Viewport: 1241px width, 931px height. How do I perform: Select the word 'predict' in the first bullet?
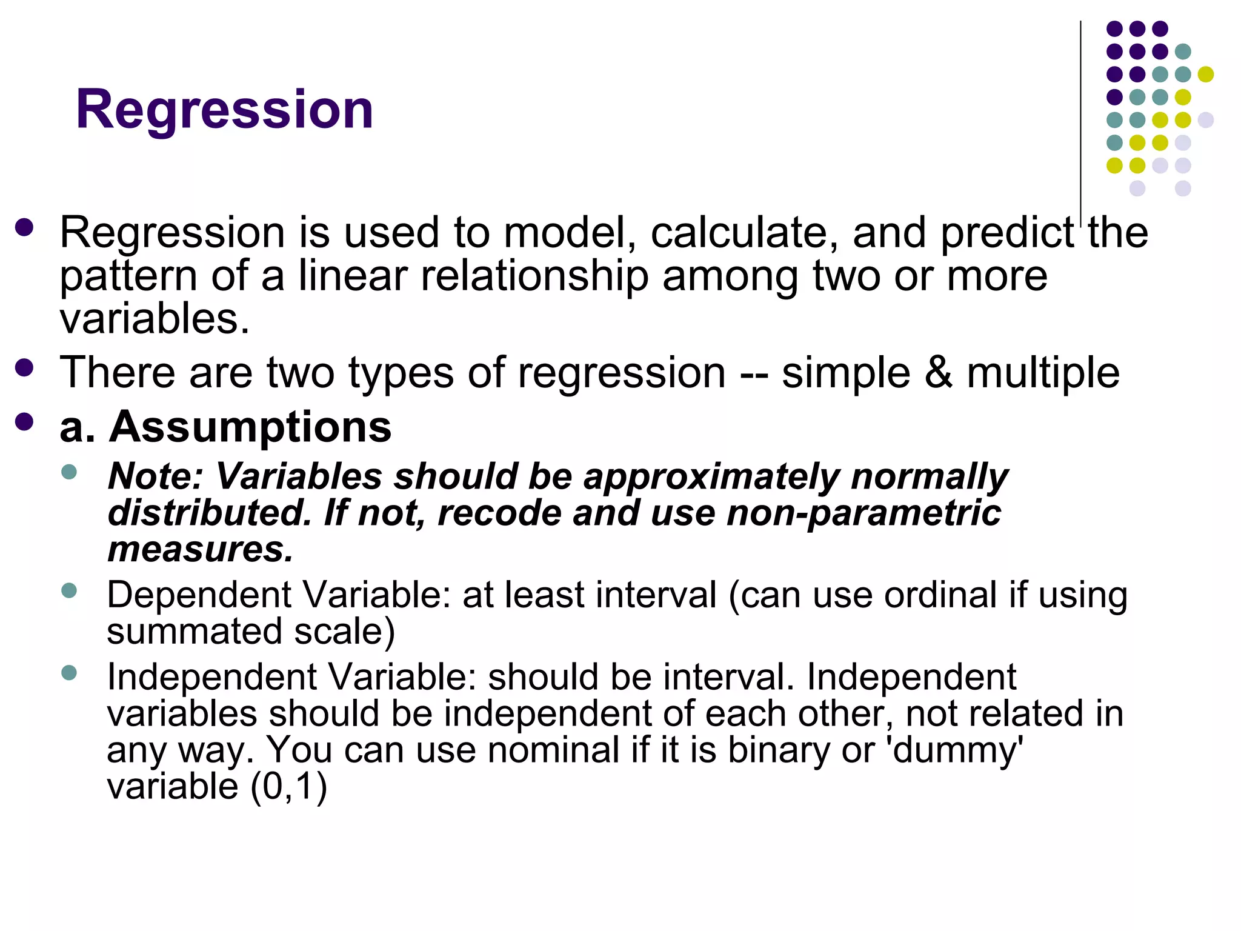[x=1006, y=233]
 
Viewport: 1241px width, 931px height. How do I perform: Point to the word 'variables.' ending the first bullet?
[x=155, y=319]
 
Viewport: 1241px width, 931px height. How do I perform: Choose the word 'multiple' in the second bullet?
[x=1042, y=373]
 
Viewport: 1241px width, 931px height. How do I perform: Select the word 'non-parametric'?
[x=863, y=514]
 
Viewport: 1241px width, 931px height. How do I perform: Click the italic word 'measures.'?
[x=200, y=550]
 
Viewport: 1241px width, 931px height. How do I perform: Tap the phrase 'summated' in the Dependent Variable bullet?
[x=194, y=632]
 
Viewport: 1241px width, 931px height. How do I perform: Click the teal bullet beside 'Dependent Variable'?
[x=69, y=590]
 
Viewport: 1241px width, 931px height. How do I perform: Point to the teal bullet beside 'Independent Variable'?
[x=69, y=672]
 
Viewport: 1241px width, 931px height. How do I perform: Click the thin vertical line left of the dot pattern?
[x=1080, y=115]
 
